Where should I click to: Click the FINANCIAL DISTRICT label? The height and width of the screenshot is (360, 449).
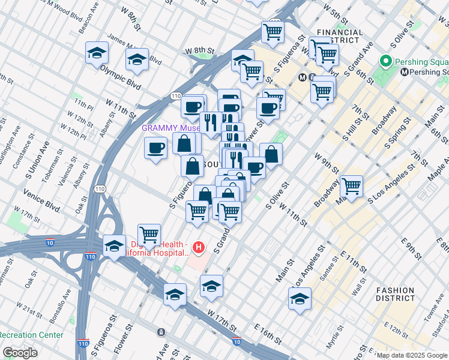click(339, 37)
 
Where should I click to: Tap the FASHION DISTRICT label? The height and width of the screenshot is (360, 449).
click(395, 294)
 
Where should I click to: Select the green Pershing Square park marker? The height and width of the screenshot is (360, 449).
click(385, 61)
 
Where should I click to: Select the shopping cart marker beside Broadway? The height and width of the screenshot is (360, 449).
click(351, 186)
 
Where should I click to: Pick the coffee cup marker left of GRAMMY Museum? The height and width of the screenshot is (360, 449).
click(155, 148)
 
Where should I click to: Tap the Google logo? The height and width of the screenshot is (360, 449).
click(20, 353)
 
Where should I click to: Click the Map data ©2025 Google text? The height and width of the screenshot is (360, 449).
click(412, 355)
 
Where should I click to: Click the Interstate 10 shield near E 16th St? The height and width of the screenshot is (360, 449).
click(237, 342)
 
